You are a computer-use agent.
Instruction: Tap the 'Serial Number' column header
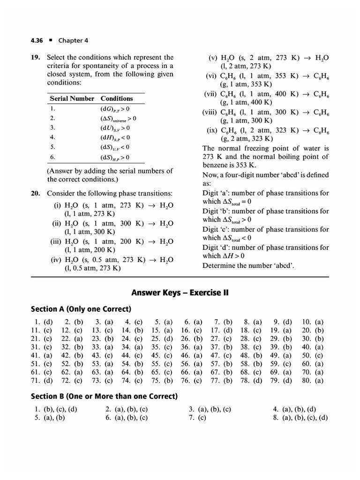coord(72,98)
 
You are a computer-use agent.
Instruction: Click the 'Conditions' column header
coord(117,98)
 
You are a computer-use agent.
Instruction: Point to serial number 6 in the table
coord(52,157)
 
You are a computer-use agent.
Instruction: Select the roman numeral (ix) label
coord(214,130)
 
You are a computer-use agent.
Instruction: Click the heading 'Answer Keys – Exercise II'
coord(180,292)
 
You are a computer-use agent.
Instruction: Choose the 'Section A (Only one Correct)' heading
coord(81,309)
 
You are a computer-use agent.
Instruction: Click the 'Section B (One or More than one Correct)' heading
coord(104,397)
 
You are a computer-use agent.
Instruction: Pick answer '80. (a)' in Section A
coord(313,381)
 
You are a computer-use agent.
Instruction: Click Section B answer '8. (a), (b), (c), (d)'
coord(300,418)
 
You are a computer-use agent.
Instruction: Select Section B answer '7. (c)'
coord(197,418)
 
